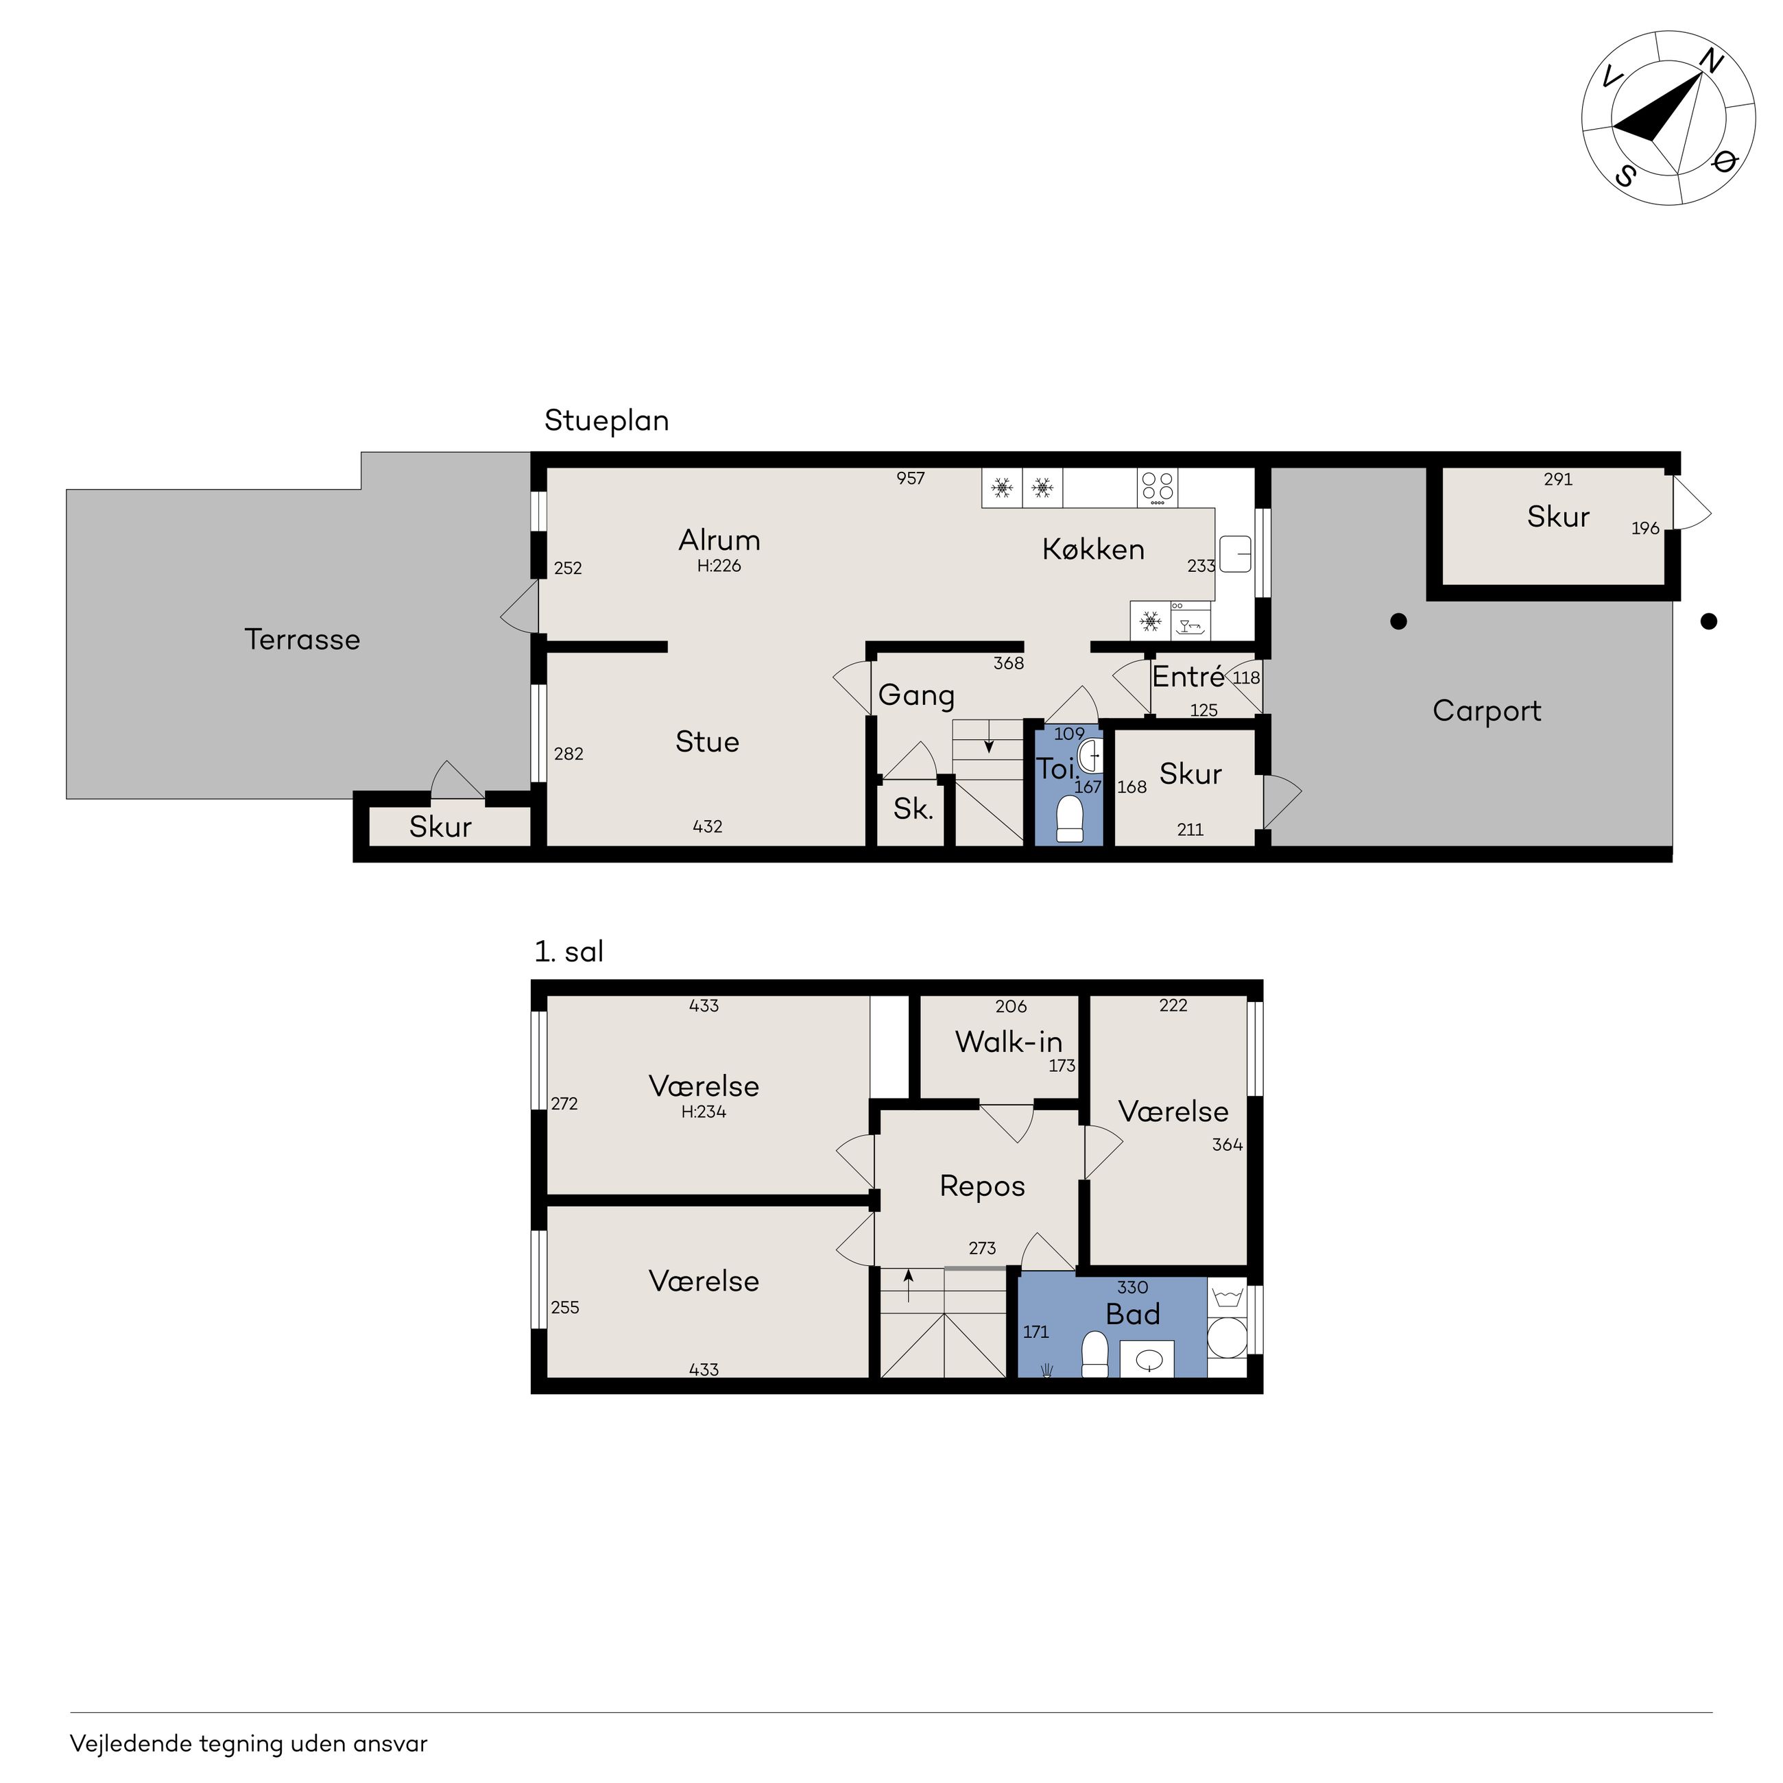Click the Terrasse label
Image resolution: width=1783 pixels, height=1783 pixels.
point(302,640)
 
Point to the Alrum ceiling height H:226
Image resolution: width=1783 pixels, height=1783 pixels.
point(719,566)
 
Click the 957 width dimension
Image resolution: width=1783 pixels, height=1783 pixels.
point(910,478)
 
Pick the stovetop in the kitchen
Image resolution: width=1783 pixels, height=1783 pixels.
point(1158,488)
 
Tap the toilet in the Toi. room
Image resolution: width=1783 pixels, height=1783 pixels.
point(1068,819)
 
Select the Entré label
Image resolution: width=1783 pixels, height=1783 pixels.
point(1188,678)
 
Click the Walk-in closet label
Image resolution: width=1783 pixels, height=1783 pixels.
point(1009,1042)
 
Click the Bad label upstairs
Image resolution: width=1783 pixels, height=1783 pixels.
point(1132,1314)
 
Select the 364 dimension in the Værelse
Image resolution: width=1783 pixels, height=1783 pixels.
point(1228,1145)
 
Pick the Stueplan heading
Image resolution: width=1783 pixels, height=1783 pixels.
point(606,421)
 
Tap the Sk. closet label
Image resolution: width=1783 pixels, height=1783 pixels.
point(913,809)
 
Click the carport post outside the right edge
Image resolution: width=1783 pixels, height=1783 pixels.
point(1709,622)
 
